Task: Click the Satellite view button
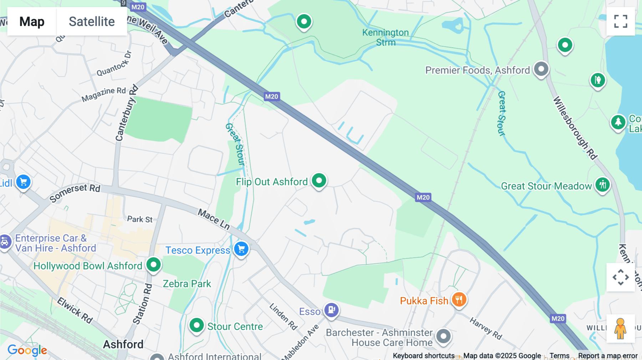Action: coord(92,21)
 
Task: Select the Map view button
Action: coord(32,21)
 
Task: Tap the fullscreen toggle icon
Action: coord(621,21)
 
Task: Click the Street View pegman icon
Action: coord(621,329)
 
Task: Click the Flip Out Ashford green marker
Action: coord(319,181)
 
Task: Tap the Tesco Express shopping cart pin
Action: coord(241,249)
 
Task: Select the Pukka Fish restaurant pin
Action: coord(459,300)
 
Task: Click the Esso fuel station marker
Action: coord(331,310)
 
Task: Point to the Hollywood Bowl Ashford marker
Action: coord(154,265)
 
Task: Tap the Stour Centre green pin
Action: coord(197,325)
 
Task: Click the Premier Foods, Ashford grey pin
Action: coord(541,68)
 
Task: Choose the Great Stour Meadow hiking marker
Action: coord(602,185)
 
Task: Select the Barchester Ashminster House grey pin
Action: coord(444,336)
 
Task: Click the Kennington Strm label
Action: coord(386,37)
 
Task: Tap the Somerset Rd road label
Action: coord(75,192)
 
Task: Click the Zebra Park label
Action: coord(187,284)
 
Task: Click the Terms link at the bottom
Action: coord(559,356)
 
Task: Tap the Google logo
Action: coord(27,350)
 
